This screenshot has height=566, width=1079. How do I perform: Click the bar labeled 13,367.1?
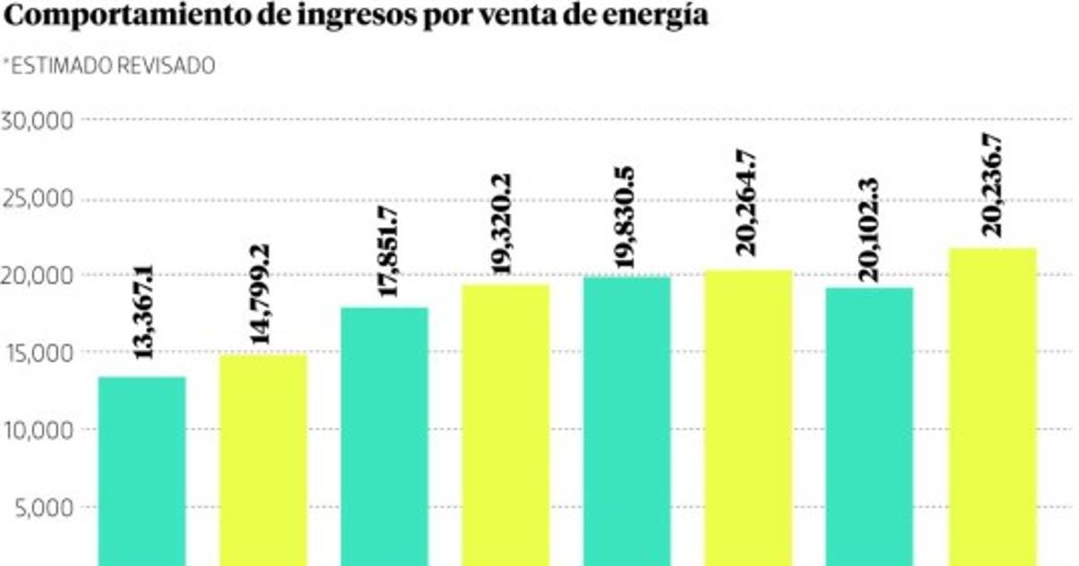(x=141, y=471)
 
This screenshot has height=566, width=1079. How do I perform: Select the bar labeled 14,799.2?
(x=263, y=460)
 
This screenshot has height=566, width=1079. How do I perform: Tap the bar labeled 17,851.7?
(x=384, y=437)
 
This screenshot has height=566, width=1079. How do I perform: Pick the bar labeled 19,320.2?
(x=505, y=425)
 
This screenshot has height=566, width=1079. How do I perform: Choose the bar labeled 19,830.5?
(x=627, y=420)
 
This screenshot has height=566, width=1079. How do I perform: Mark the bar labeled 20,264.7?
(x=748, y=418)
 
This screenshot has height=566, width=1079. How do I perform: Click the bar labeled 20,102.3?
(x=869, y=426)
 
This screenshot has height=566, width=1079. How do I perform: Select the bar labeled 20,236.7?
(x=991, y=406)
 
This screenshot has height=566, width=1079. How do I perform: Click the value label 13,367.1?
(x=143, y=313)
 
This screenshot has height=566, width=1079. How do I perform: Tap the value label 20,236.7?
(x=992, y=187)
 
